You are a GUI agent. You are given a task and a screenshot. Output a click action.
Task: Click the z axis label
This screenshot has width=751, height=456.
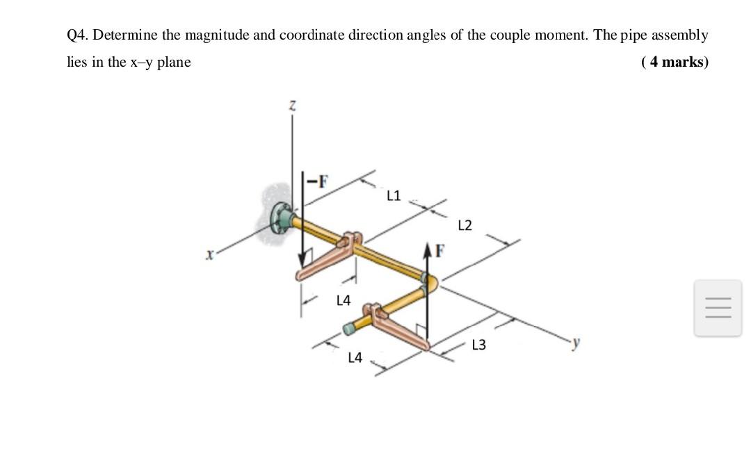click(293, 106)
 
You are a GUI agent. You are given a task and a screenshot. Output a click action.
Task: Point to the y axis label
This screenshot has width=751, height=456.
click(574, 343)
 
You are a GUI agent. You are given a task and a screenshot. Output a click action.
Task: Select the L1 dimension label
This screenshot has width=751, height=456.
click(394, 195)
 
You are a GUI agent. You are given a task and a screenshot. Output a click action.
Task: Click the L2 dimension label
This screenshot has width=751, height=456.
click(465, 225)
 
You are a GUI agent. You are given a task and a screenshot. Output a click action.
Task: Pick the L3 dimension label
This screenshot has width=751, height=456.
click(479, 345)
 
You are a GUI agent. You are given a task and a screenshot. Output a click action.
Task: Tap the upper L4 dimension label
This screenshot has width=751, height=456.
click(344, 301)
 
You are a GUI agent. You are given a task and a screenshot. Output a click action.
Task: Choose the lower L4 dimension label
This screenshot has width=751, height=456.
click(355, 358)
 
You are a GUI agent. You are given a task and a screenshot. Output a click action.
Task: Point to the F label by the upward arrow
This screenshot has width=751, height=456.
click(439, 250)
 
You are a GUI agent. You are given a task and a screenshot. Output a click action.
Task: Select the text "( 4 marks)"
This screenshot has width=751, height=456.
click(675, 62)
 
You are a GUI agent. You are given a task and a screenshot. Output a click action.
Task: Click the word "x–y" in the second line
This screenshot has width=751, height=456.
click(141, 62)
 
